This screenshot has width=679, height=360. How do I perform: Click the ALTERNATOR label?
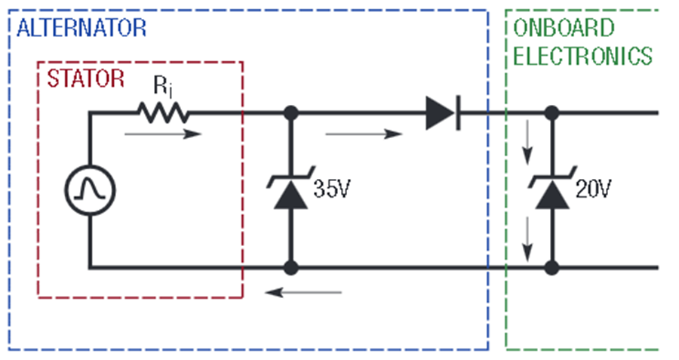[81, 28]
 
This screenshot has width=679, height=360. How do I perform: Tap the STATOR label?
[86, 78]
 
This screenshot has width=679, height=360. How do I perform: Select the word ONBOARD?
[564, 28]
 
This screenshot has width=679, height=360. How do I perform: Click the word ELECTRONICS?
[582, 56]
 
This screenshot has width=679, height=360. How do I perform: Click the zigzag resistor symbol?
[163, 112]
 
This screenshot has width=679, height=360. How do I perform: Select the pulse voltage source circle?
[90, 190]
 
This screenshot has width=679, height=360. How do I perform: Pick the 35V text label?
[332, 189]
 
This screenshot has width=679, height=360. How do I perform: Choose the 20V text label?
[593, 189]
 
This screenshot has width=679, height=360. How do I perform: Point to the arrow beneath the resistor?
[163, 134]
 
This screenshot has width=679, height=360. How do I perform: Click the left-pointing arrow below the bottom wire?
[303, 292]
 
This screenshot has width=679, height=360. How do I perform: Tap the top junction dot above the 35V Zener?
[291, 113]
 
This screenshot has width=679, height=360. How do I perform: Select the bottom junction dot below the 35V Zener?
[291, 268]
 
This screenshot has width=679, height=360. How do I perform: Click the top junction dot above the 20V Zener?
[551, 113]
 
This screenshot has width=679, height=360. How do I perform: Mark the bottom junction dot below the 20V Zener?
[551, 268]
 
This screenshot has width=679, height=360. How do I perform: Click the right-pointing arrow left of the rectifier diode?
[364, 134]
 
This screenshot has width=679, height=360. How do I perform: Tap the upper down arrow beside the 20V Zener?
[527, 143]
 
